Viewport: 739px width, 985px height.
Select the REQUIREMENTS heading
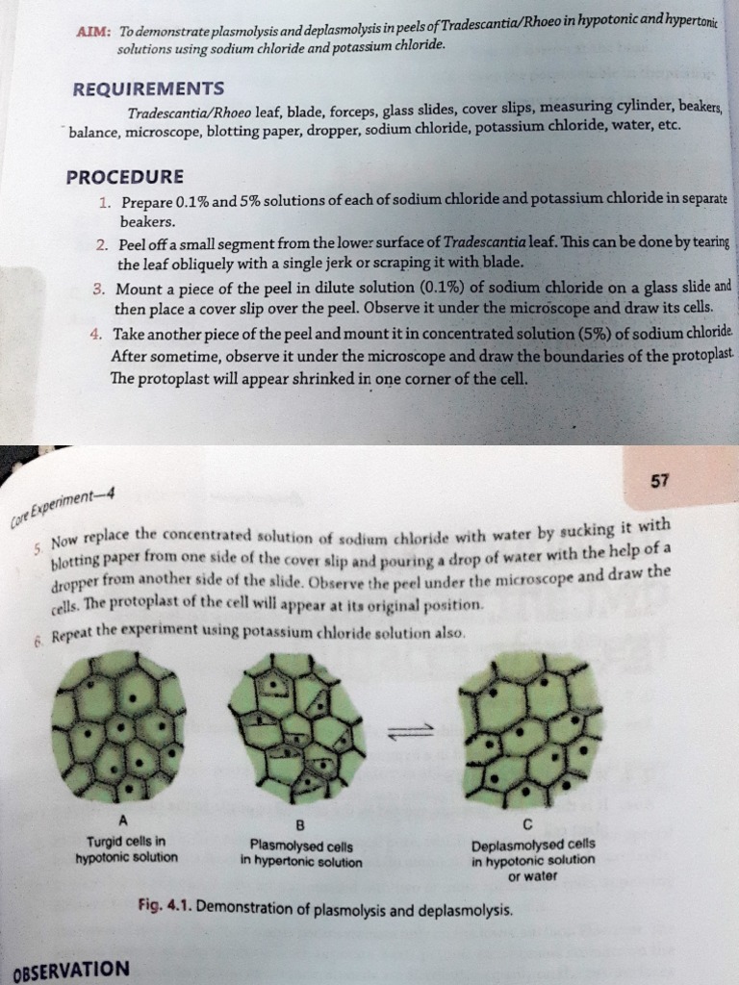coord(148,88)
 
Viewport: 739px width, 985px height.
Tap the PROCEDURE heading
coord(124,178)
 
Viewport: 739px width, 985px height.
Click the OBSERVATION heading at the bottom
coord(70,969)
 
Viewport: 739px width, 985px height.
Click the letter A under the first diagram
coord(121,821)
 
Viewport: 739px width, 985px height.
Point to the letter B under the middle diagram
coord(299,825)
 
